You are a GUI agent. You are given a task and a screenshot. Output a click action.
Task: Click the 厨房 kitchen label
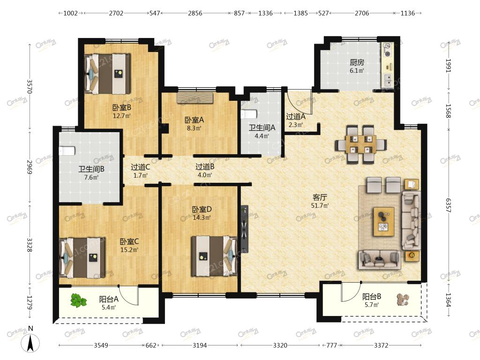pyautogui.click(x=357, y=62)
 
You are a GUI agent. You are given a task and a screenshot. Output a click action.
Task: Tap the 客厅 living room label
pyautogui.click(x=320, y=197)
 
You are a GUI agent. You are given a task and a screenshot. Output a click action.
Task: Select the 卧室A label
pyautogui.click(x=194, y=120)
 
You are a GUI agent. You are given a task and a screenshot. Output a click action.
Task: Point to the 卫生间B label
pyautogui.click(x=91, y=169)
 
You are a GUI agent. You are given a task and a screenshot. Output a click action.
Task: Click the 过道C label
pyautogui.click(x=141, y=167)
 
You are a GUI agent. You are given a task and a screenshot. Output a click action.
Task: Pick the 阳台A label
pyautogui.click(x=109, y=299)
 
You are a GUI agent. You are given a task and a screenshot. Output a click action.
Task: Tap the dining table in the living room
pyautogui.click(x=361, y=144)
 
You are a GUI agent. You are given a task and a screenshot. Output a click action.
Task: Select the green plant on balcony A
pyautogui.click(x=78, y=300)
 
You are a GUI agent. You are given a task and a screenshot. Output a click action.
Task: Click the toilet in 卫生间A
pyautogui.click(x=248, y=114)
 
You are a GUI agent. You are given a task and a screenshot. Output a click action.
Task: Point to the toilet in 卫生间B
pyautogui.click(x=67, y=151)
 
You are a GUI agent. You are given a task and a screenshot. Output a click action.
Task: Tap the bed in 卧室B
pyautogui.click(x=107, y=74)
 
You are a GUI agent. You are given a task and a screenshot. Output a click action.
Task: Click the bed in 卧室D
pyautogui.click(x=215, y=256)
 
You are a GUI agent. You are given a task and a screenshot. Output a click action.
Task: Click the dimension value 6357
pyautogui.click(x=448, y=205)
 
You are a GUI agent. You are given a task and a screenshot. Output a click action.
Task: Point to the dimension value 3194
pyautogui.click(x=200, y=345)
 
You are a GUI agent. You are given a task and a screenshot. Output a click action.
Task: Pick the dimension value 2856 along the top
pyautogui.click(x=195, y=13)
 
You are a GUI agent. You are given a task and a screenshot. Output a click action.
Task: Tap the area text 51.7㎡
pyautogui.click(x=320, y=206)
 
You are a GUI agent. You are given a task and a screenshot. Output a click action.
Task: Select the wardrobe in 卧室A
pyautogui.click(x=195, y=98)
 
